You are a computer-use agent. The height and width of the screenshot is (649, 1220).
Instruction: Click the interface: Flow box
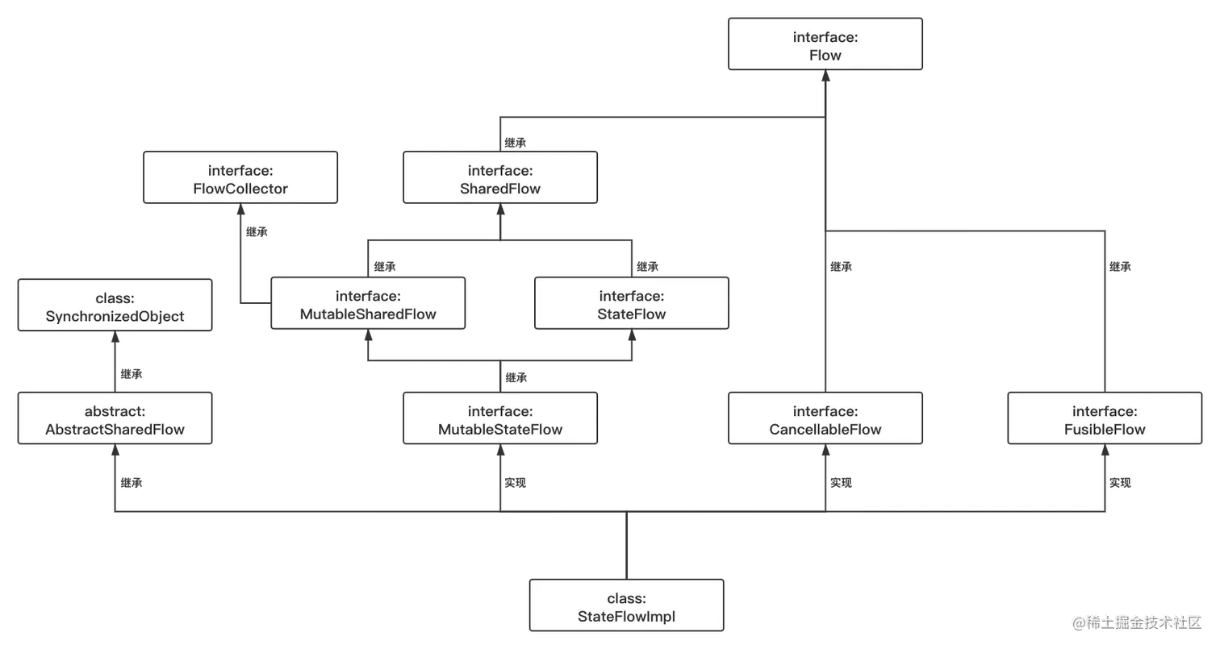pyautogui.click(x=825, y=46)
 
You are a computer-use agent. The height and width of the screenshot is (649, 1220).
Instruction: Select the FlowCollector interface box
pyautogui.click(x=240, y=178)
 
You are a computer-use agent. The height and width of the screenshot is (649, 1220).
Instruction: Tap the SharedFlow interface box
pyautogui.click(x=500, y=178)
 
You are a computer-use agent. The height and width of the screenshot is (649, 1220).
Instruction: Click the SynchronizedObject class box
pyautogui.click(x=115, y=306)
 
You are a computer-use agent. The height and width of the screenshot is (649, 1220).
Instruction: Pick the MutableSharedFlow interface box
pyautogui.click(x=367, y=304)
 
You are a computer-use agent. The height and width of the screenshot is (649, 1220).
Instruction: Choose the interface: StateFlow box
pyautogui.click(x=631, y=304)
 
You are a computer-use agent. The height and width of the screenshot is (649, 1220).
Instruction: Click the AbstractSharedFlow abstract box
pyautogui.click(x=115, y=419)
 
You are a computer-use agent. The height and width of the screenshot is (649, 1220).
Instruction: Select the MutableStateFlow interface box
pyautogui.click(x=500, y=419)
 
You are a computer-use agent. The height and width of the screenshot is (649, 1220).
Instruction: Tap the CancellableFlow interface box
pyautogui.click(x=825, y=419)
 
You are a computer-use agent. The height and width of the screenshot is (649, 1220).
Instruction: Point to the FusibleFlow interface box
pyautogui.click(x=1104, y=419)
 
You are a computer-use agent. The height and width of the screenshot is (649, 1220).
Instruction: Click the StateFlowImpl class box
pyautogui.click(x=626, y=606)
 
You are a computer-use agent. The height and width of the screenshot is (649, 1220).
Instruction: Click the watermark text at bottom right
pyautogui.click(x=1136, y=622)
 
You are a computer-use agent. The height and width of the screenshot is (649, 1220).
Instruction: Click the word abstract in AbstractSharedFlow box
pyautogui.click(x=115, y=411)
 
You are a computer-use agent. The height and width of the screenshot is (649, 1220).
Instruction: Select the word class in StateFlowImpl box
pyautogui.click(x=626, y=598)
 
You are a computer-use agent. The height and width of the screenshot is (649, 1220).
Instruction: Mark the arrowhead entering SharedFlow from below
pyautogui.click(x=500, y=212)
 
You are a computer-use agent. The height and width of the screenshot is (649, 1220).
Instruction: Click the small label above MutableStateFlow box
pyautogui.click(x=512, y=377)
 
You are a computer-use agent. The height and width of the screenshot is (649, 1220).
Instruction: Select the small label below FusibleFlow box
pyautogui.click(x=1120, y=481)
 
